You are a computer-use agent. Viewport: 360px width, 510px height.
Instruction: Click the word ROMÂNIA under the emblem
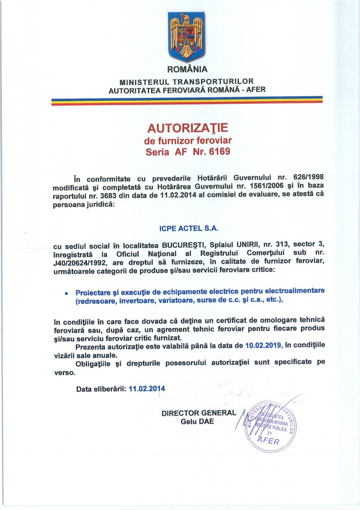point(187,70)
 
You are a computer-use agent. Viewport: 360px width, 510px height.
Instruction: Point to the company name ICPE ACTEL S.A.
point(189,229)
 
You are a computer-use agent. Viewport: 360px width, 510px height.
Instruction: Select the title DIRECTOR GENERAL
point(198,413)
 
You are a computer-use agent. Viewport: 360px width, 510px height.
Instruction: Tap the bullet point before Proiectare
point(66,293)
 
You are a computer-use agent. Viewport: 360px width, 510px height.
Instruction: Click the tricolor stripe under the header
point(187,100)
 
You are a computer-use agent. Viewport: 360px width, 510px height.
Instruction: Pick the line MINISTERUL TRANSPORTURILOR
point(187,82)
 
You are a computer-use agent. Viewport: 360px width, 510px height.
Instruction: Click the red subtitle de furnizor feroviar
point(188,140)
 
